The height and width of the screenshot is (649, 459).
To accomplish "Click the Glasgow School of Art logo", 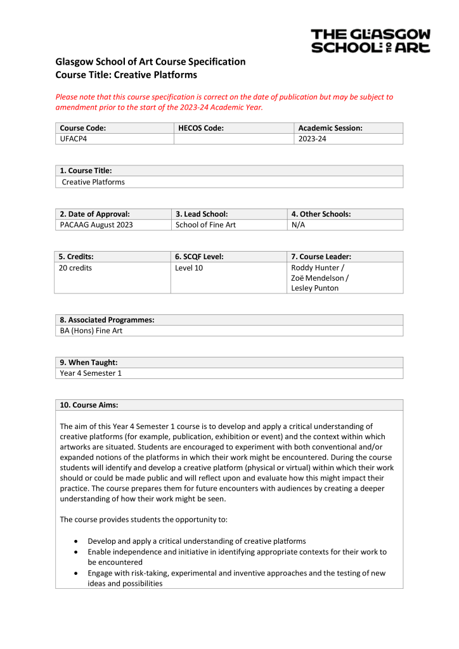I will point(370,41).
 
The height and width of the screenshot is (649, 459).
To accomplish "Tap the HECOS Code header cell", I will point(201,128).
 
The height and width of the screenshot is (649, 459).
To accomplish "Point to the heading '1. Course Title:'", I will point(86,170).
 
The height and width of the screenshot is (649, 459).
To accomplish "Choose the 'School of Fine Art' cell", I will point(205,224).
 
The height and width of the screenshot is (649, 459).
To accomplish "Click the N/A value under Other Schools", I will point(298,224).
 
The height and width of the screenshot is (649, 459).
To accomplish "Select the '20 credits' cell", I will point(75,267).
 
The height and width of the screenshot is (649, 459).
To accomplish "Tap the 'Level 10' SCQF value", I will point(189,267).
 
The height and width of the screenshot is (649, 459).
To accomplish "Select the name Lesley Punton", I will point(314,288).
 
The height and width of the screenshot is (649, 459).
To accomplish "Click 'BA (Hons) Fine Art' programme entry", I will point(91,330).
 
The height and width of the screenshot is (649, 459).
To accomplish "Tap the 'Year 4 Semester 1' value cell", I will point(91,373).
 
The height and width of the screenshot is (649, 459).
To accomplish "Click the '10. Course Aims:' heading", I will point(89,405).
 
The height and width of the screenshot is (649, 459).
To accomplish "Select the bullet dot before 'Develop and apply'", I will point(76,541).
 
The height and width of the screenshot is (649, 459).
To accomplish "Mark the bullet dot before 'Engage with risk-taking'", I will point(76,573).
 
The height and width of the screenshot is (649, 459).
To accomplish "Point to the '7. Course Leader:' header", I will point(321,257).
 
